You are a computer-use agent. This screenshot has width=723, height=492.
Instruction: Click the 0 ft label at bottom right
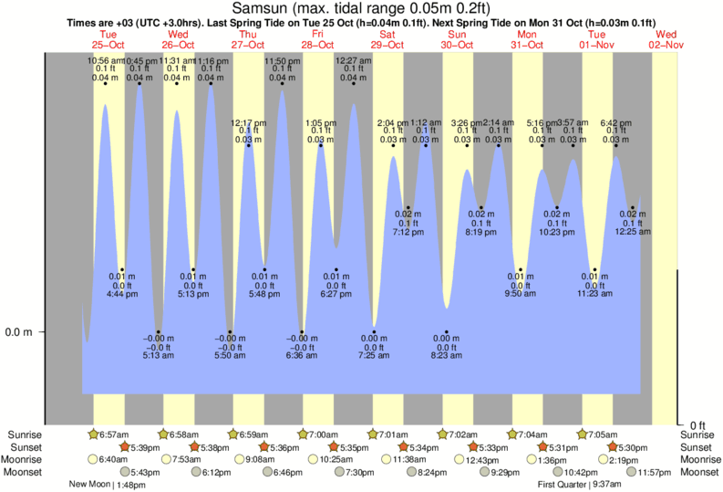pyautogui.click(x=698, y=425)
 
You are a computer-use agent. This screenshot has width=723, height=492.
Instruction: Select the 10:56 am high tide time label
pyautogui.click(x=106, y=61)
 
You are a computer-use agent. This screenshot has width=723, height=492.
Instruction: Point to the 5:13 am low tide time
pyautogui.click(x=159, y=355)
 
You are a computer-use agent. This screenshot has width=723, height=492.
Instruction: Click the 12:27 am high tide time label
pyautogui.click(x=354, y=61)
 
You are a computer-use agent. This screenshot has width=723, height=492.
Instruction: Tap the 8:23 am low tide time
pyautogui.click(x=447, y=355)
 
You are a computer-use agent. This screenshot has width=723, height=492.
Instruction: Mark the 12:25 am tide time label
pyautogui.click(x=632, y=233)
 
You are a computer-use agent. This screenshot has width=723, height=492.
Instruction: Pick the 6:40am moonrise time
pyautogui.click(x=112, y=459)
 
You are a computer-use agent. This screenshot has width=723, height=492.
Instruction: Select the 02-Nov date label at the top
pyautogui.click(x=666, y=45)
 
